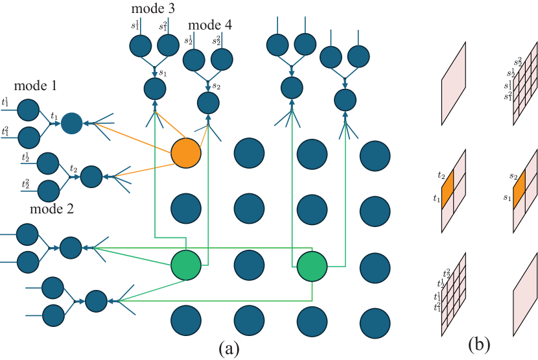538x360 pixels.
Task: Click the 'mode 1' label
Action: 36,86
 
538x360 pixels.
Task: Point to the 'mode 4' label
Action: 210,25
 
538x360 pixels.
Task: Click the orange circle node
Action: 186,154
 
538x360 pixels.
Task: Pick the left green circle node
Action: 186,265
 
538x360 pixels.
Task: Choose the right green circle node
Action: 312,265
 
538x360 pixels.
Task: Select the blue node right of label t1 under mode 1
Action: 72,123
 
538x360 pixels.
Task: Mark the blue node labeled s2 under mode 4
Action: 207,102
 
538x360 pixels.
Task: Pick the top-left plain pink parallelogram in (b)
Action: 454,83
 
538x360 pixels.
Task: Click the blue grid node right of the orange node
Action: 249,154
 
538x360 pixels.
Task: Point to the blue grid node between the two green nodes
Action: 249,265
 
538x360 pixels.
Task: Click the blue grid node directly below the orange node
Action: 186,209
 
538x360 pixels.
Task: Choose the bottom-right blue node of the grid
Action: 375,321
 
